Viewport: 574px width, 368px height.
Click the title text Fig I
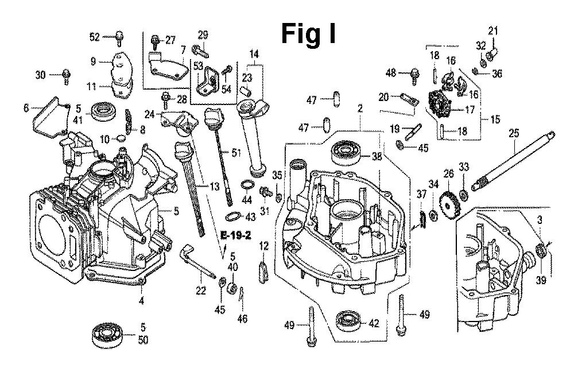click(x=308, y=34)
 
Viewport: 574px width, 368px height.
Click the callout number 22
click(x=200, y=291)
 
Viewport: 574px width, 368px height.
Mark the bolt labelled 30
click(x=67, y=74)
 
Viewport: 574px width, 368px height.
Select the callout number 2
click(x=360, y=107)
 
